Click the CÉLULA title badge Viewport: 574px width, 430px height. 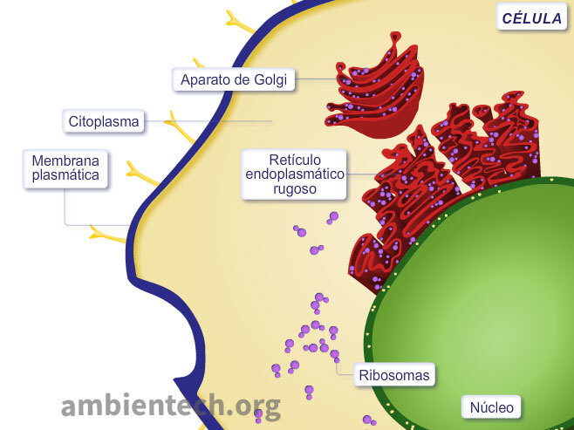tap(532, 18)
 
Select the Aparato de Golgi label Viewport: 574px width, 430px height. tap(234, 80)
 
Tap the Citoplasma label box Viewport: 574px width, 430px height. tap(104, 121)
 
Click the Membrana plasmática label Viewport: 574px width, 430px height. tap(65, 168)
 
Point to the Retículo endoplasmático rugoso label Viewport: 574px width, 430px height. tap(294, 174)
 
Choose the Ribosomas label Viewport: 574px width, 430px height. tap(394, 377)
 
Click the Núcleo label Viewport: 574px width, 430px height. tap(492, 407)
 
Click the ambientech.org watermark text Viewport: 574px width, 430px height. tap(171, 405)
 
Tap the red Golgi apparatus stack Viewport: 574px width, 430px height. tap(375, 87)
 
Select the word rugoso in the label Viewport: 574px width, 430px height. tap(294, 189)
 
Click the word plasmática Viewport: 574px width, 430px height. tap(65, 175)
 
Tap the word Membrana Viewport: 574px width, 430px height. tap(65, 160)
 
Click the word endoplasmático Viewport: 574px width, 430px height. tap(294, 174)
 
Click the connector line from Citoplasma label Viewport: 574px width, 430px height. tap(209, 121)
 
